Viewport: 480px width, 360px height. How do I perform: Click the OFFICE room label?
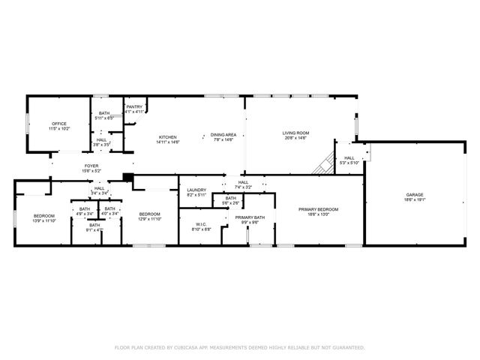pyautogui.click(x=59, y=124)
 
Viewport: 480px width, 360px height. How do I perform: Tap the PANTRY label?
pyautogui.click(x=134, y=107)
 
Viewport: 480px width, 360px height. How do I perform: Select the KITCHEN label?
pyautogui.click(x=167, y=137)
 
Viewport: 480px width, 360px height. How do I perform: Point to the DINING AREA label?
pyautogui.click(x=223, y=133)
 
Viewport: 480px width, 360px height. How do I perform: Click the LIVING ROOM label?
pyautogui.click(x=296, y=133)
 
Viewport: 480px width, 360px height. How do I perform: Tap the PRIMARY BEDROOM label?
pyautogui.click(x=319, y=209)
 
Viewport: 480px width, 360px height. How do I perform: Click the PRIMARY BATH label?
pyautogui.click(x=250, y=217)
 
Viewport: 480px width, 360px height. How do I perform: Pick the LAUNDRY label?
pyautogui.click(x=196, y=190)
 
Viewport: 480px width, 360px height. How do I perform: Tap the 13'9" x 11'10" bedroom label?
pyautogui.click(x=44, y=215)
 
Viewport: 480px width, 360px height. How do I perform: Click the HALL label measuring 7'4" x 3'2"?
pyautogui.click(x=243, y=182)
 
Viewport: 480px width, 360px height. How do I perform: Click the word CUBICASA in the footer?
pyautogui.click(x=187, y=348)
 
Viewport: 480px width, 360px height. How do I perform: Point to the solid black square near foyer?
pyautogui.click(x=128, y=178)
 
